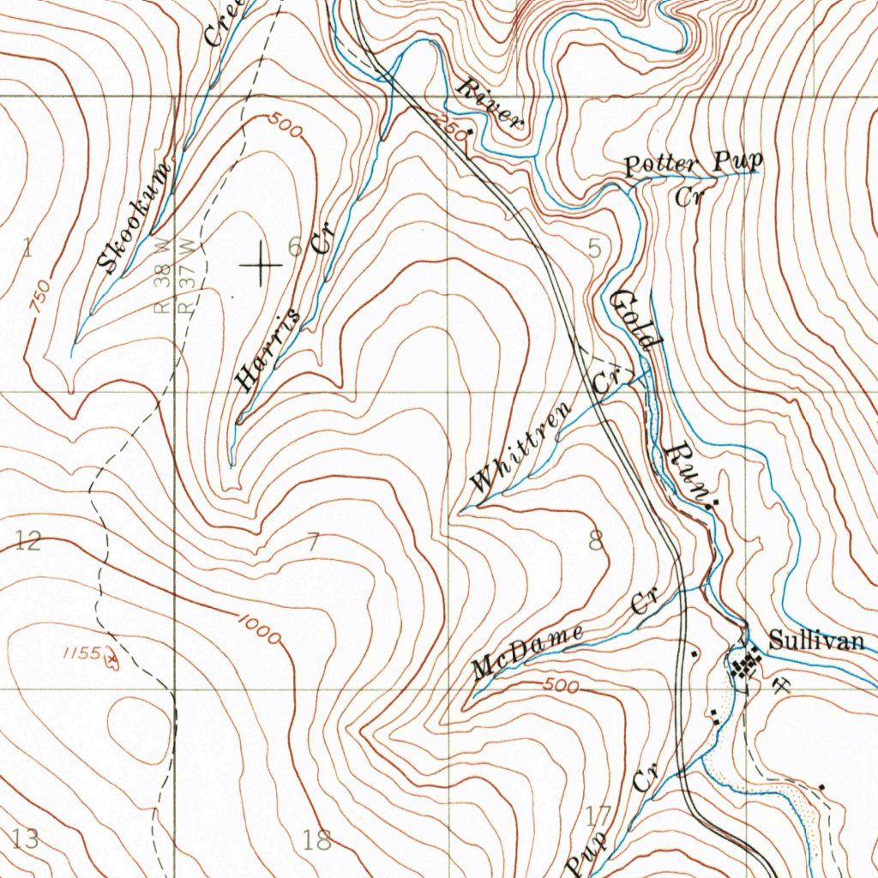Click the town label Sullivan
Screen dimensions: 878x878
815,640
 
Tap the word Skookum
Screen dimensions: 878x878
135,218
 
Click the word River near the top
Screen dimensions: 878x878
490,102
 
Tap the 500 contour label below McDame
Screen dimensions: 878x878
562,686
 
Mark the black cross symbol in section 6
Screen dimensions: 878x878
261,266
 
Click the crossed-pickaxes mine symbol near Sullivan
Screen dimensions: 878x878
781,683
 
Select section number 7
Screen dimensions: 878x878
313,542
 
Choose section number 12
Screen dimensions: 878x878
27,540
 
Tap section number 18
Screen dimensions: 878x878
316,839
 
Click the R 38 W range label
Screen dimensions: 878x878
162,276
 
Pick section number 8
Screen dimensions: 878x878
595,540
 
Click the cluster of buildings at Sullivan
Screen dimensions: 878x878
745,665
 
